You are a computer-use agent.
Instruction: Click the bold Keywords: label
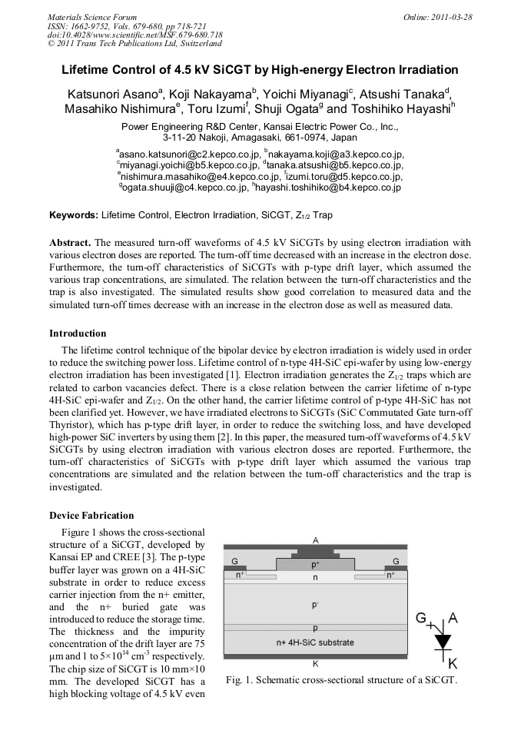click(74, 215)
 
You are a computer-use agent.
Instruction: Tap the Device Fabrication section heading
click(91, 515)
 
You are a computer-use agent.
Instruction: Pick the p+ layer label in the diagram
click(315, 564)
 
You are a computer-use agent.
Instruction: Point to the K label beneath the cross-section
click(315, 663)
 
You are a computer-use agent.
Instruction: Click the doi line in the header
click(135, 35)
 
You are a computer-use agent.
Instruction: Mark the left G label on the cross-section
click(234, 562)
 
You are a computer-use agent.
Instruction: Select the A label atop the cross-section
click(315, 539)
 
